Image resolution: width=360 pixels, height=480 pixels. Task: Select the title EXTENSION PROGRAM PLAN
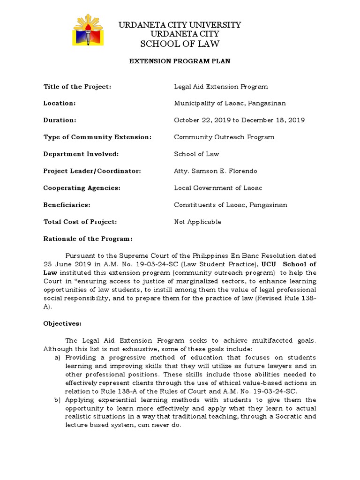pyautogui.click(x=180, y=61)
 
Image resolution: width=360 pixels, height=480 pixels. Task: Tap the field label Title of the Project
pyautogui.click(x=77, y=87)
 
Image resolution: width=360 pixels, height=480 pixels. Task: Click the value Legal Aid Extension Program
pyautogui.click(x=221, y=87)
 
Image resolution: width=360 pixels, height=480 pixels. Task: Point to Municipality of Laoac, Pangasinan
pyautogui.click(x=230, y=103)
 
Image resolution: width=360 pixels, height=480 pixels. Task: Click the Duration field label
pyautogui.click(x=60, y=120)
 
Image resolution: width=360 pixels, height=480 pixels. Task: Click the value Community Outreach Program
pyautogui.click(x=224, y=137)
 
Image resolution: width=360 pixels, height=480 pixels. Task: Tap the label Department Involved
pyautogui.click(x=81, y=154)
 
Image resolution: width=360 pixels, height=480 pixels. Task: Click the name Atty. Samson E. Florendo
pyautogui.click(x=216, y=171)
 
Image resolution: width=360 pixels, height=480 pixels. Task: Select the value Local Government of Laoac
pyautogui.click(x=218, y=188)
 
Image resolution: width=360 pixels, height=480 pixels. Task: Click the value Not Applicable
pyautogui.click(x=197, y=222)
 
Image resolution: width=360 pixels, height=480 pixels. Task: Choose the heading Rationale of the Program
pyautogui.click(x=88, y=239)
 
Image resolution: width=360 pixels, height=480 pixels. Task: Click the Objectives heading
pyautogui.click(x=62, y=323)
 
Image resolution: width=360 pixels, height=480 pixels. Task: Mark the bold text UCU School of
pyautogui.click(x=289, y=264)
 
